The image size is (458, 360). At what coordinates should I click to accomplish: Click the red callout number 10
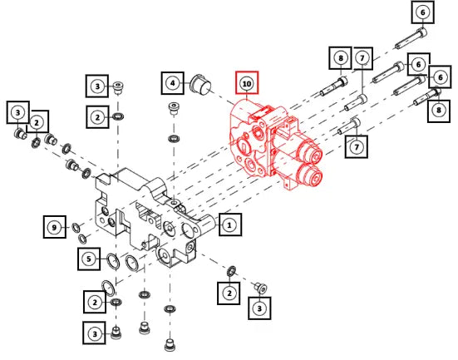(x=247, y=83)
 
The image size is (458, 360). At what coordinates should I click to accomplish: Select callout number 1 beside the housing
(x=230, y=224)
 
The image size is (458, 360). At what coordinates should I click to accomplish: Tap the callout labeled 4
(x=173, y=83)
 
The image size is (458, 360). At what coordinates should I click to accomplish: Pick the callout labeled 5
(x=89, y=259)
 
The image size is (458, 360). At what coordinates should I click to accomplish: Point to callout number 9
(x=55, y=227)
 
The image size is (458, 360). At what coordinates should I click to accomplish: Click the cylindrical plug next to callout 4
(x=201, y=85)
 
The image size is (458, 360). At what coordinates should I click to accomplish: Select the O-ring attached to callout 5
(x=113, y=262)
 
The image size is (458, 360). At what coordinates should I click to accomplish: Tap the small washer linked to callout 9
(x=76, y=227)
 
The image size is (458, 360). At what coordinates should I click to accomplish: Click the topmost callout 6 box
(x=423, y=12)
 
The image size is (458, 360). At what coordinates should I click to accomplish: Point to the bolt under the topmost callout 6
(x=411, y=38)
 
